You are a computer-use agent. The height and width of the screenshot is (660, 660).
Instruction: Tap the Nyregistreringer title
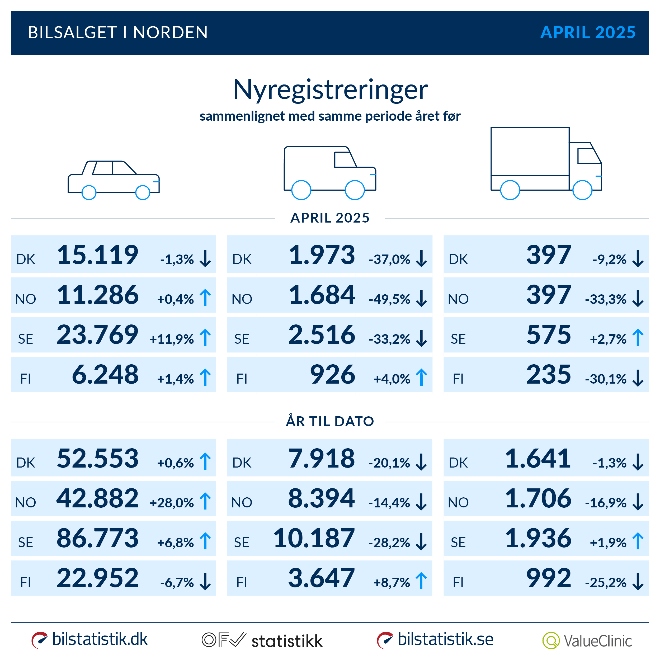coord(330,89)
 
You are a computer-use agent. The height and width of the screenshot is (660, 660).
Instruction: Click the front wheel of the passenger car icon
coord(143,192)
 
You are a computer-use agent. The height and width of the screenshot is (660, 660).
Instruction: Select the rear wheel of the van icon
coord(301,190)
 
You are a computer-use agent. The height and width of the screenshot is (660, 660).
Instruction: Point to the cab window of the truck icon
coord(588,156)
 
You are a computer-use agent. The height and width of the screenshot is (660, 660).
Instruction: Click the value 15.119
coord(98,255)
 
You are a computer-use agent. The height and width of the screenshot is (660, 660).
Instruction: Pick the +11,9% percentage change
coord(172,339)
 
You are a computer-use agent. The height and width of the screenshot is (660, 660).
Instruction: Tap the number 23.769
coord(98,335)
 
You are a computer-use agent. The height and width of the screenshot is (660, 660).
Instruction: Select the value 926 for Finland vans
coord(332,375)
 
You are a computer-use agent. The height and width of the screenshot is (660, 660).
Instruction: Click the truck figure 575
coord(549,335)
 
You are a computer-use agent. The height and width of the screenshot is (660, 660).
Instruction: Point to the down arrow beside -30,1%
coord(638,378)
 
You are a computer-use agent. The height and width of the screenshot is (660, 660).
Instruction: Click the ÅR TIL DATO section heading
coord(330,421)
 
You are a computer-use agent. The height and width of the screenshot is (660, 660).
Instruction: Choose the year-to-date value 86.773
coord(98,538)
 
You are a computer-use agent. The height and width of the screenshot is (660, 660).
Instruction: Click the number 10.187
coord(314,538)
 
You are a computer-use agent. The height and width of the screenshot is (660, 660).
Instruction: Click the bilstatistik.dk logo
coord(89,639)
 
